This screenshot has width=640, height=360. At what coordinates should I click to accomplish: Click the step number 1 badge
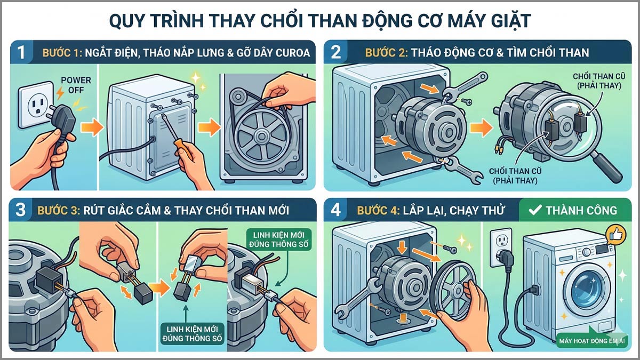[21, 52]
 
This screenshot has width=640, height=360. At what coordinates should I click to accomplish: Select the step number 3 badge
[21, 210]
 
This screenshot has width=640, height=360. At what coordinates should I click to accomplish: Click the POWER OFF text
[76, 84]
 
